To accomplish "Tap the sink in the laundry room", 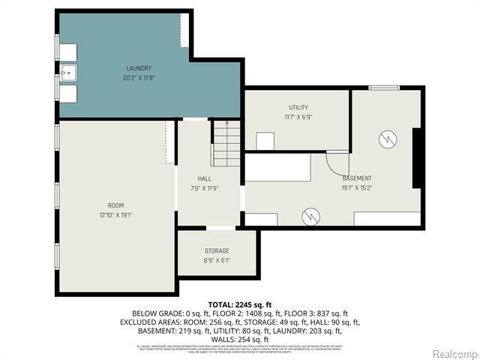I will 68,72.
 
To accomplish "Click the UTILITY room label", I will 298,107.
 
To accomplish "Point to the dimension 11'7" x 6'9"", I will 298,117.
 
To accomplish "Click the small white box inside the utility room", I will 265,141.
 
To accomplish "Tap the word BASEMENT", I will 357,178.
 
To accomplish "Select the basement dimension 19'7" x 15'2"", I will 357,187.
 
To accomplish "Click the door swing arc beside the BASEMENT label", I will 337,162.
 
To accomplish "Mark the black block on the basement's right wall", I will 418,158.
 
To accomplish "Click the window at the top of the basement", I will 384,88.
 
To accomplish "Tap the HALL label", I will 204,178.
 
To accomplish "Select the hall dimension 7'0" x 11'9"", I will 204,188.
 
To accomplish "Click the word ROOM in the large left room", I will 115,205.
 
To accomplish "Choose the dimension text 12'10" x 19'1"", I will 115,214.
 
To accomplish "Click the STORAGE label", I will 217,250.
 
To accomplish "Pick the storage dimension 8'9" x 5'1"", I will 217,260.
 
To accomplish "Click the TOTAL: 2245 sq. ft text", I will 239,304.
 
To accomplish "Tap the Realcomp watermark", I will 453,353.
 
